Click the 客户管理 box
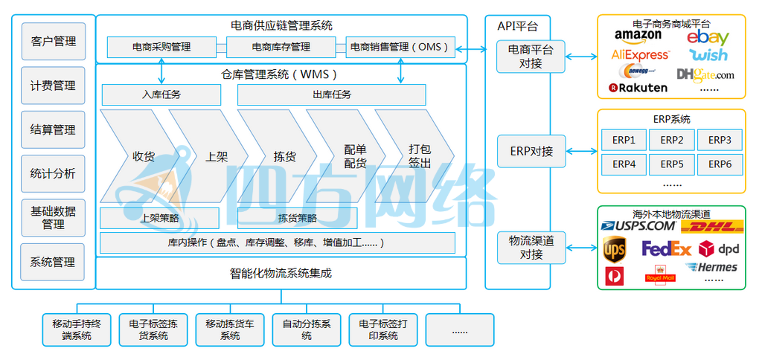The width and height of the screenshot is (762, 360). (x=53, y=42)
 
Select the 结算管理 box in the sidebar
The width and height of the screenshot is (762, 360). (x=53, y=129)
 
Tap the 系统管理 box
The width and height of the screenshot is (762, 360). (x=53, y=262)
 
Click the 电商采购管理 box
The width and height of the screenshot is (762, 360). (x=161, y=48)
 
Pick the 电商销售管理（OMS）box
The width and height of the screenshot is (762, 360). (x=401, y=48)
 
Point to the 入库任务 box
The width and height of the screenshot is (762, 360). (x=161, y=94)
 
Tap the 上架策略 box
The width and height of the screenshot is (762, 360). (x=160, y=218)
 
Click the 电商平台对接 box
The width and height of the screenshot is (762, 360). (x=531, y=57)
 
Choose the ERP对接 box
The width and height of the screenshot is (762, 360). (x=531, y=151)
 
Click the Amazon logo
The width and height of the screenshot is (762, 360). (x=638, y=36)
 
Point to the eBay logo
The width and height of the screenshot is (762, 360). (x=708, y=37)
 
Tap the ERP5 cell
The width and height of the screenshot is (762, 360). (x=671, y=164)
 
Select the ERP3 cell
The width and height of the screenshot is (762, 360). (x=719, y=140)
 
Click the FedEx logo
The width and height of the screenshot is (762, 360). (x=667, y=248)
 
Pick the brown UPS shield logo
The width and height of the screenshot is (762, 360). (x=615, y=248)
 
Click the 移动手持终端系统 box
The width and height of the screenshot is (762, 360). (x=77, y=330)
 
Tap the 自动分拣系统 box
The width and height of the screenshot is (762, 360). (x=307, y=330)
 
